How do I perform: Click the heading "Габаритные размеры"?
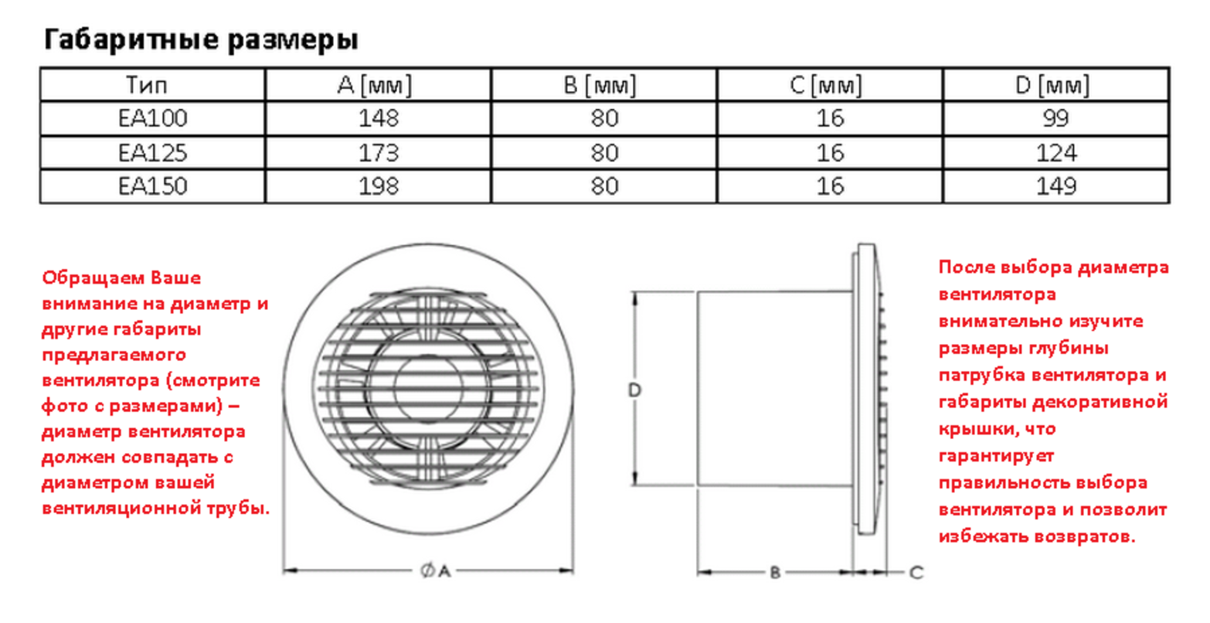click(x=201, y=39)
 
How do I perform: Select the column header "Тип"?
click(x=147, y=85)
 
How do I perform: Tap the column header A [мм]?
click(x=375, y=85)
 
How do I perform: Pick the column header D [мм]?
click(x=1052, y=85)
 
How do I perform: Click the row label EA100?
click(x=153, y=118)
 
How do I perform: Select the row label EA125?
click(x=153, y=153)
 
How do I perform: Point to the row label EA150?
click(x=153, y=186)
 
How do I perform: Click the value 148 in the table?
click(x=379, y=118)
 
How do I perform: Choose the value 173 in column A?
click(x=379, y=153)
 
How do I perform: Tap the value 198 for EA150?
click(x=379, y=186)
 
